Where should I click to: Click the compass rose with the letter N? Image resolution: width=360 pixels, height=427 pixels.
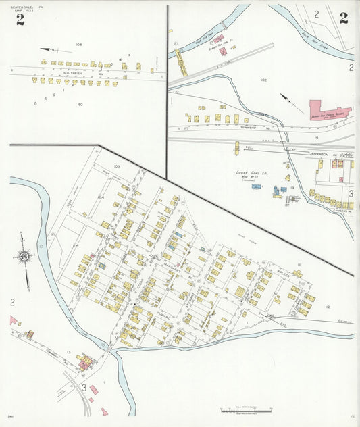click(x=24, y=256)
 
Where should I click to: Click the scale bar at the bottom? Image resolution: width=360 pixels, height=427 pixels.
click(x=247, y=409)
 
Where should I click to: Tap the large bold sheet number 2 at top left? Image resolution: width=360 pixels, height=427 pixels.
click(x=20, y=19)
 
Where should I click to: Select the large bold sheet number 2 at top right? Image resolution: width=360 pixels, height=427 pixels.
click(x=344, y=18)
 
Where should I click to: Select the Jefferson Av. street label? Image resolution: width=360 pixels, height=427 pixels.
click(x=319, y=154)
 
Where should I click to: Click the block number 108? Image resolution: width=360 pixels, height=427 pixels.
click(x=79, y=45)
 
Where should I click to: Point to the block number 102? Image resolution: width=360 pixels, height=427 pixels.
click(x=263, y=80)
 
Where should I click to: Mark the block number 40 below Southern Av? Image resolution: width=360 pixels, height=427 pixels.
click(x=80, y=104)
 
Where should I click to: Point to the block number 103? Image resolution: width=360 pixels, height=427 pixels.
click(x=116, y=166)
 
